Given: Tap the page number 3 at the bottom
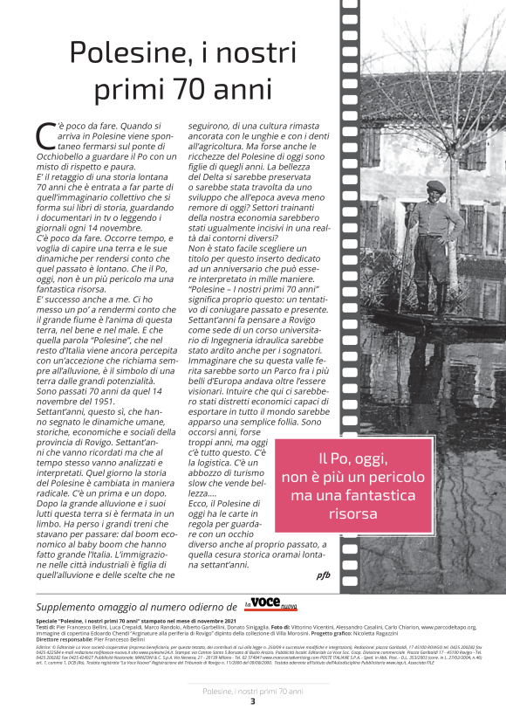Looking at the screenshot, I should (253, 701).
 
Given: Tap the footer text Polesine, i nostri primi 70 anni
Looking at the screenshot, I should (253, 691).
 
